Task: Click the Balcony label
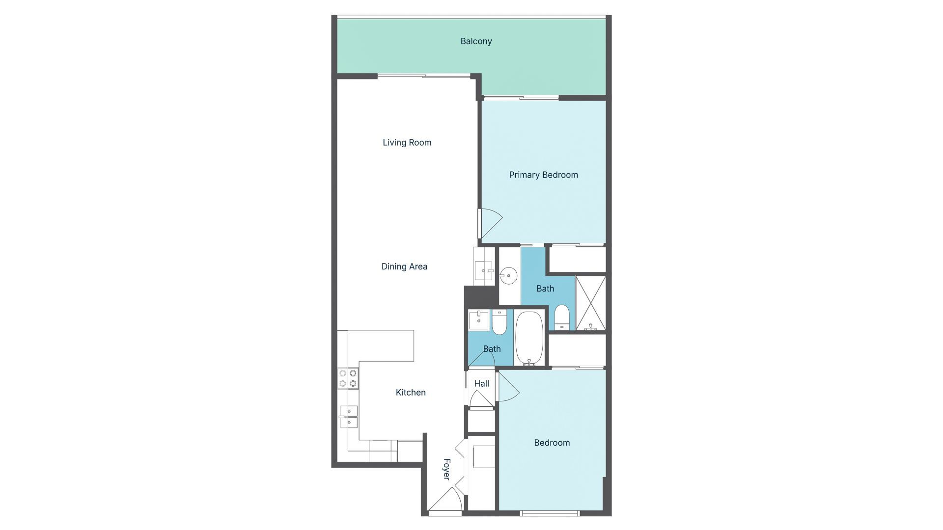coord(476,41)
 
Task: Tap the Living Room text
coord(407,143)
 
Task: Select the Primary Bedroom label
coord(543,175)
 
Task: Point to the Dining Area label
coord(404,266)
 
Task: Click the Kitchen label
coord(411,393)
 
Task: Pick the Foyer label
coord(446,469)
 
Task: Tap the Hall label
coord(481,384)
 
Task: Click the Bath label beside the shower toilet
coord(545,289)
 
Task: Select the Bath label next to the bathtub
coord(492,349)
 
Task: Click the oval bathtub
coord(529,338)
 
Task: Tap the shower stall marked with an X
coord(590,303)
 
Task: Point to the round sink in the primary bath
coord(509,276)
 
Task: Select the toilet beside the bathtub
coord(499,323)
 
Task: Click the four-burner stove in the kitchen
coord(348,378)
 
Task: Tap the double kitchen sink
coord(349,417)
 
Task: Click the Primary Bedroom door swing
coord(490,223)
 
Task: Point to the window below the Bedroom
coord(550,514)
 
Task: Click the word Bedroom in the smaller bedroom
coord(552,443)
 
